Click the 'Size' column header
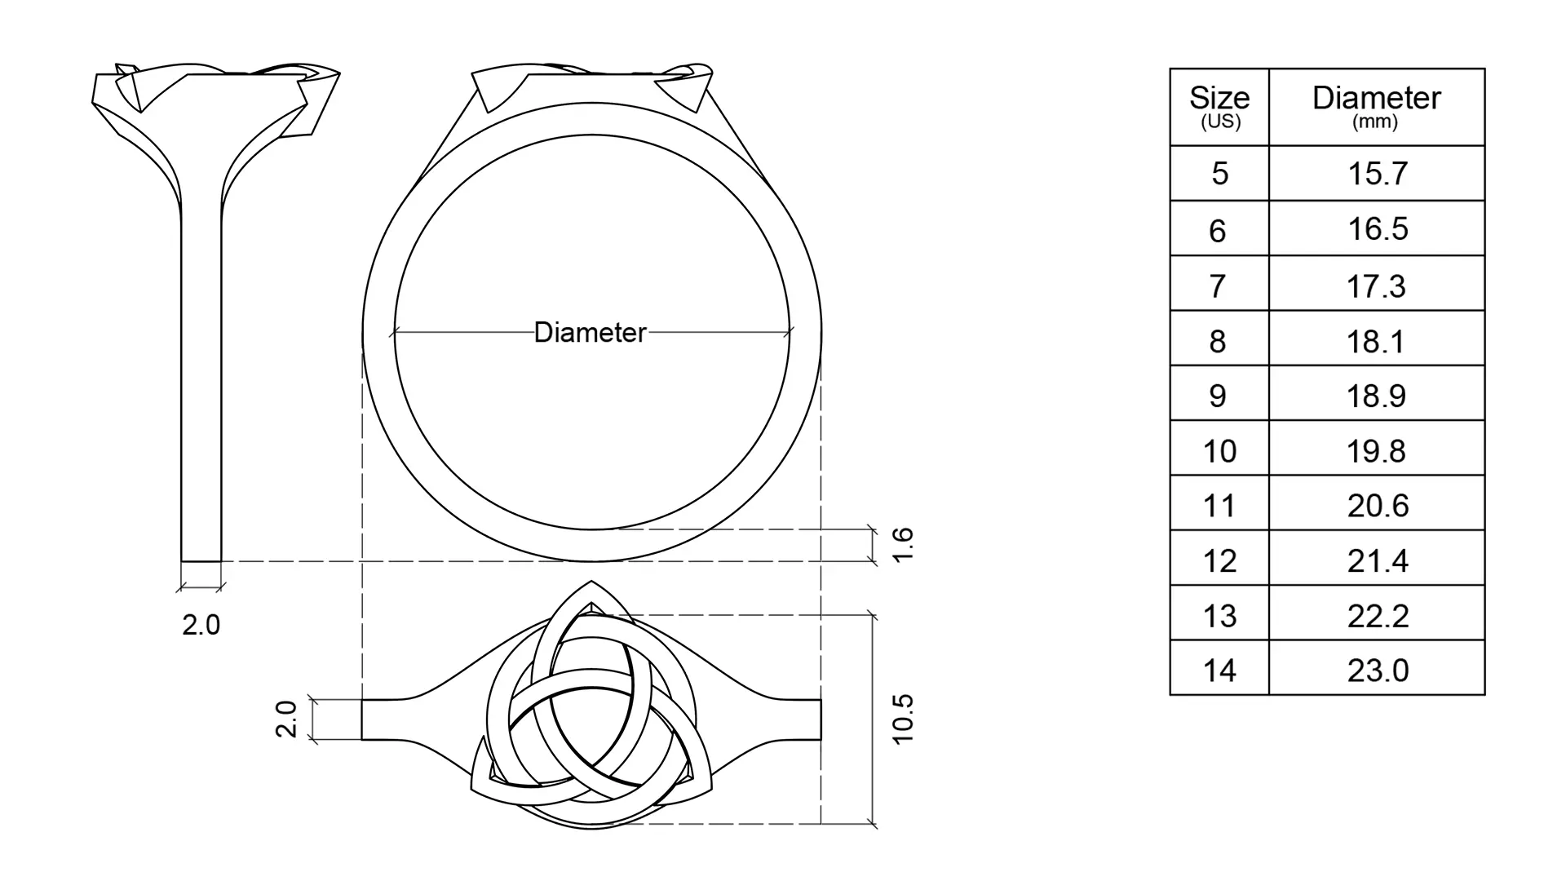click(1219, 98)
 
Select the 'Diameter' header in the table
click(1376, 98)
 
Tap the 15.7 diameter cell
click(1378, 174)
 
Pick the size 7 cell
click(1218, 286)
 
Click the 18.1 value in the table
click(1376, 341)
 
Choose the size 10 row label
click(1219, 451)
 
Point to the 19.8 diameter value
click(1376, 451)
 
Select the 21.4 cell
click(1378, 561)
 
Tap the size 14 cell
click(1219, 671)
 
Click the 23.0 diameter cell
click(1378, 671)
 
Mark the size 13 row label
click(1219, 616)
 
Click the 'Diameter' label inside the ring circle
click(590, 333)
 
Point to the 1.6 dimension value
click(903, 545)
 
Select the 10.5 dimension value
click(903, 719)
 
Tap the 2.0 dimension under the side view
click(201, 625)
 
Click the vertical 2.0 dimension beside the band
click(286, 719)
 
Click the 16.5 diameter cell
click(1378, 229)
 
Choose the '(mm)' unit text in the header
click(1375, 122)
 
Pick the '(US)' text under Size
click(1220, 122)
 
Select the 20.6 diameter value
click(1378, 506)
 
